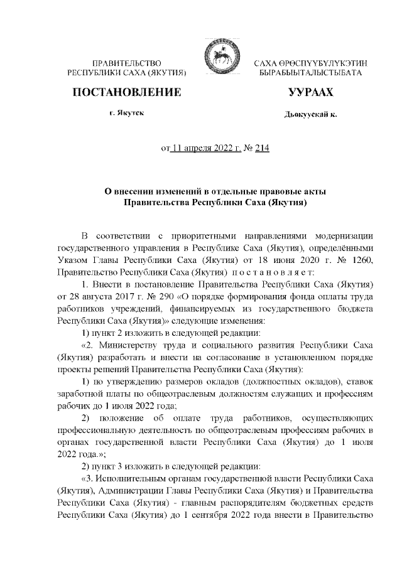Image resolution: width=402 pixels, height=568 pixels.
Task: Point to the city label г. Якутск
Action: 128,116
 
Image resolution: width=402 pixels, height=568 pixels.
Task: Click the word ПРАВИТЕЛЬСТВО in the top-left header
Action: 128,65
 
